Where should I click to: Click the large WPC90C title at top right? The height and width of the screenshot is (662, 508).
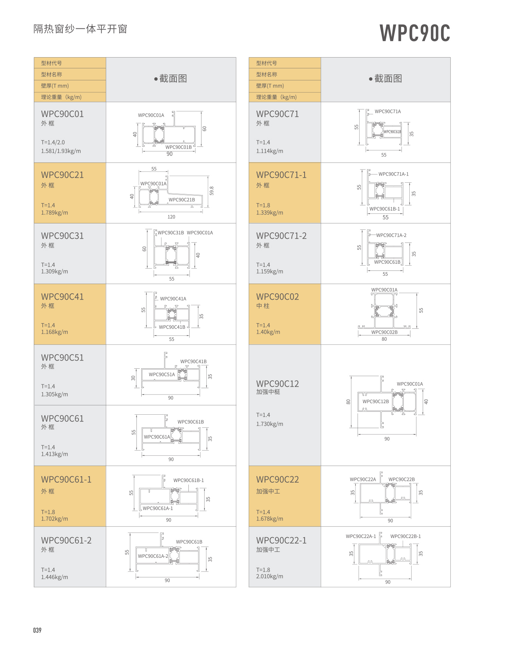415,33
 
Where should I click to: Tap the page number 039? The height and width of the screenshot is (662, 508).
37,630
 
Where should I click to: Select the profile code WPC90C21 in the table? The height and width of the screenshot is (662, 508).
62,175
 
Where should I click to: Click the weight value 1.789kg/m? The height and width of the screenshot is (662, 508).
55,213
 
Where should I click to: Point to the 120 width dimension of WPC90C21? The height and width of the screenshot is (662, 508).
171,217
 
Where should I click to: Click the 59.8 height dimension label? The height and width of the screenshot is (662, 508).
212,191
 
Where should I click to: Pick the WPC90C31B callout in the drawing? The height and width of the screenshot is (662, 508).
171,233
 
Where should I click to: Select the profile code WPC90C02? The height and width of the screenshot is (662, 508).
277,297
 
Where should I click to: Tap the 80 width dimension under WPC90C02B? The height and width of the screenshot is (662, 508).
384,339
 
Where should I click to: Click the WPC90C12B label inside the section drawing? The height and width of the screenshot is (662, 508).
376,402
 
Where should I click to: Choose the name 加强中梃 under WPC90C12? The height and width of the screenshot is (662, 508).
268,392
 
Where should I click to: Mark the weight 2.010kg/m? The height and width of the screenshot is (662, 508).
270,576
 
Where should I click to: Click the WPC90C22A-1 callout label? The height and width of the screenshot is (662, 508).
361,536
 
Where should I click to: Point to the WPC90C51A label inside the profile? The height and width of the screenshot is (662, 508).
162,374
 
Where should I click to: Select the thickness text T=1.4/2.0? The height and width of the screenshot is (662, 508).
53,142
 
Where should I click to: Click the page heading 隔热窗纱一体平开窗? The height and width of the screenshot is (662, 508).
80,29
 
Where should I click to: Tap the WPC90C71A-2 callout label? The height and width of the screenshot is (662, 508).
391,235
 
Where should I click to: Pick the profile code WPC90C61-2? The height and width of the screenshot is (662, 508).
66,540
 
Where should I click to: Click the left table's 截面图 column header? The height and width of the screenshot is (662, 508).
171,79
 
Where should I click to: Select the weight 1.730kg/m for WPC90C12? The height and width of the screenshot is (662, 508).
270,424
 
